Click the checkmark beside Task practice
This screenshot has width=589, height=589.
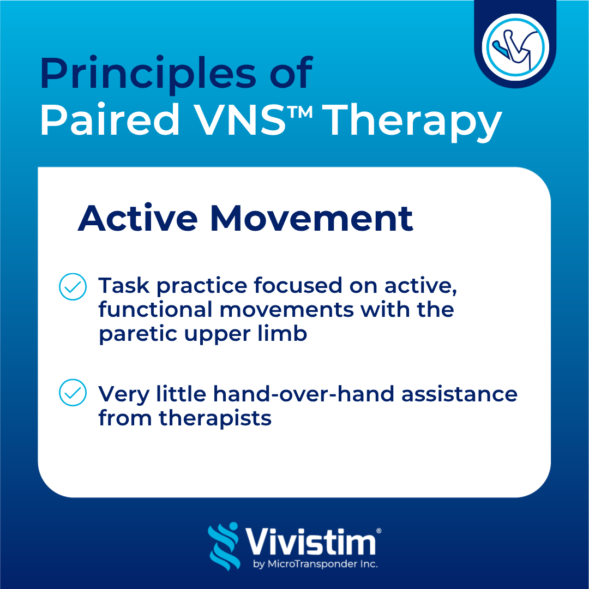tap(73, 287)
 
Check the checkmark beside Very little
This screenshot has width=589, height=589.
tap(73, 393)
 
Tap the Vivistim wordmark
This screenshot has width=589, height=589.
tap(310, 542)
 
